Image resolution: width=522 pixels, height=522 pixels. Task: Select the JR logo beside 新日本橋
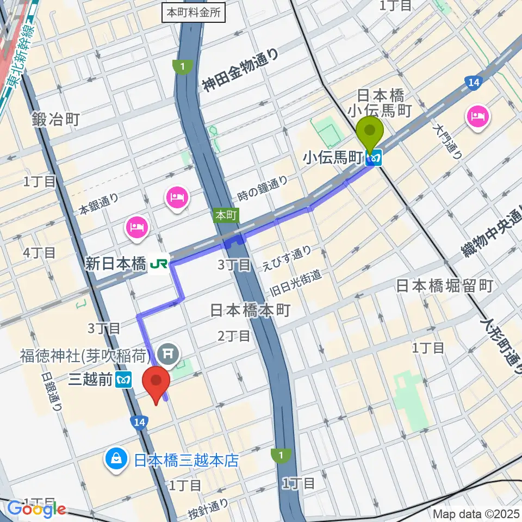tap(159, 264)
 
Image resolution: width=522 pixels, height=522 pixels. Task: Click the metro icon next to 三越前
tap(125, 379)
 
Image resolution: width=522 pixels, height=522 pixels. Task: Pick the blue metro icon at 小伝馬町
tap(374, 159)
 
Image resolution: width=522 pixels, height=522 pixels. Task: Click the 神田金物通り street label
tap(240, 70)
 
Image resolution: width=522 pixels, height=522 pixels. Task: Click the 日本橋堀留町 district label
tap(444, 285)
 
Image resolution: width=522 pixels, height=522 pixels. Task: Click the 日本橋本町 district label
tap(251, 310)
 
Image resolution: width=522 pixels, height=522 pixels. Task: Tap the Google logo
tap(36, 509)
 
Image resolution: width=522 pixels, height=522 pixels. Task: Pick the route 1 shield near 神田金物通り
tap(182, 66)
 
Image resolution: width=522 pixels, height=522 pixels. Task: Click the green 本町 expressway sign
tap(225, 215)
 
